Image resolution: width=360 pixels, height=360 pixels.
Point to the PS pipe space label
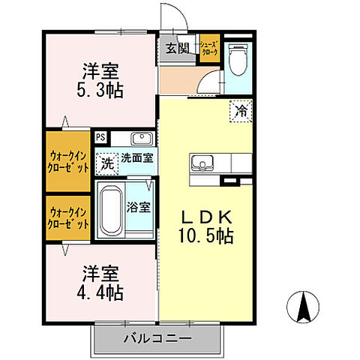click(x=100, y=138)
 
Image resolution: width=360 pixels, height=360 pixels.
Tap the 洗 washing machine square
click(x=107, y=160)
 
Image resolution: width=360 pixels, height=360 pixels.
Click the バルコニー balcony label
click(x=157, y=340)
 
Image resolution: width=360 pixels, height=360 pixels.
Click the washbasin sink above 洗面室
click(x=141, y=138)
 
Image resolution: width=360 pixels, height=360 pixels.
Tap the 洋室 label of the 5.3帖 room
click(x=101, y=71)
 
